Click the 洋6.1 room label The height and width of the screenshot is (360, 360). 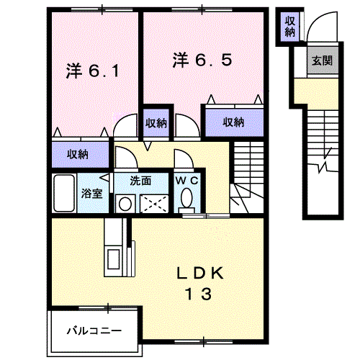[92, 71]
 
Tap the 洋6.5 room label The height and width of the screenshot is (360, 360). [202, 60]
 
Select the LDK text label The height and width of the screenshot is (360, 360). [201, 274]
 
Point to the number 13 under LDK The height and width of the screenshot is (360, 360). [195, 294]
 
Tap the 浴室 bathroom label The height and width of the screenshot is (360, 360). [91, 193]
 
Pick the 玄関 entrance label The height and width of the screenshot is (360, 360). [320, 61]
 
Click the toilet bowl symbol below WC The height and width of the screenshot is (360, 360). [189, 197]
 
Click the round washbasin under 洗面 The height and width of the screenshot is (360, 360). [125, 204]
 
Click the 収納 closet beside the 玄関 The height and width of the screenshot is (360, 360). [289, 26]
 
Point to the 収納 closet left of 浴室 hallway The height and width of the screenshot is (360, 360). [77, 153]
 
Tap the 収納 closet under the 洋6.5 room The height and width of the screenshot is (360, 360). [232, 122]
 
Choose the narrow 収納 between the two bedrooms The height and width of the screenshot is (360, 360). [156, 122]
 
